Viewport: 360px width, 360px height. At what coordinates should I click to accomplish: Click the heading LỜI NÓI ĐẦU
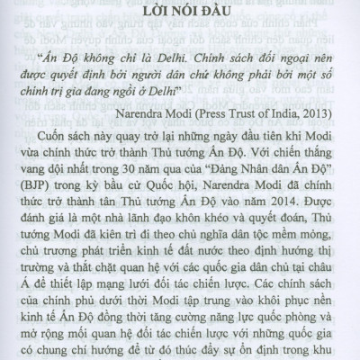click(179, 15)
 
